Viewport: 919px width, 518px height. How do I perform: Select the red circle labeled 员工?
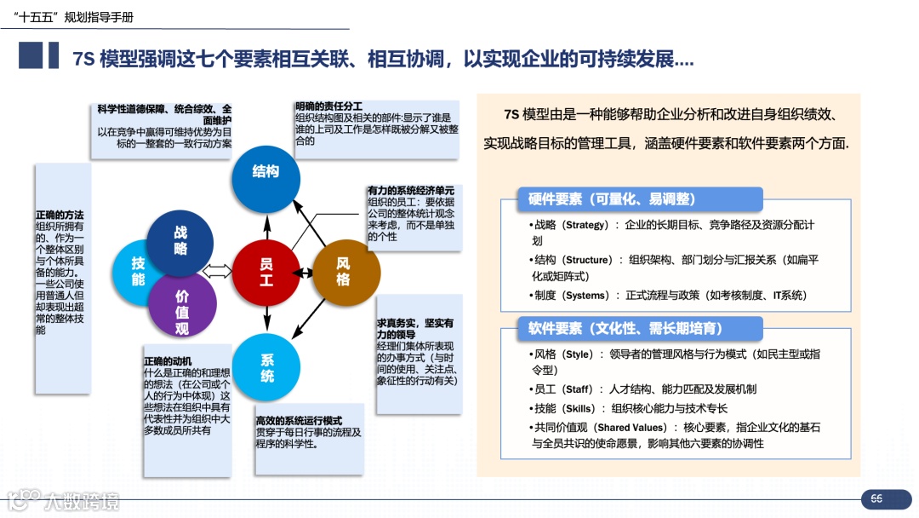[266, 273]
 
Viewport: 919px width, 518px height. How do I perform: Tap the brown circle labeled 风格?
[344, 273]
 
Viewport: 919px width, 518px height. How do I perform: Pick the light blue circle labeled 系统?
[267, 368]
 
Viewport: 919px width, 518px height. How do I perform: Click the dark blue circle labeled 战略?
[180, 241]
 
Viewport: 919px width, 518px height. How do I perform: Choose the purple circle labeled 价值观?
[182, 312]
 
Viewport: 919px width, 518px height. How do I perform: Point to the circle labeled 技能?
[138, 272]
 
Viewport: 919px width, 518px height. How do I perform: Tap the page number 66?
[876, 498]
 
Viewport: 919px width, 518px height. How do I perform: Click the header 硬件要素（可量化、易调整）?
[611, 199]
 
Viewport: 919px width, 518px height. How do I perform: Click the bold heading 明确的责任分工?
[328, 106]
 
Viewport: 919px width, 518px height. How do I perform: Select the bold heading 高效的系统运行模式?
[299, 422]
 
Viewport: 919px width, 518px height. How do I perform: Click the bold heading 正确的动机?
[168, 361]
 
